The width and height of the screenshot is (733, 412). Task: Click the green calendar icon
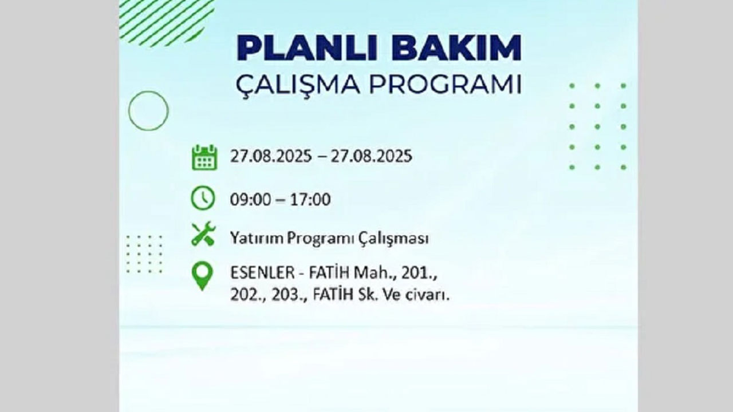204,157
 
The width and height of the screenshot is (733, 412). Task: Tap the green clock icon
203,199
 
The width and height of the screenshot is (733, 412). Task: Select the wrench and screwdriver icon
203,234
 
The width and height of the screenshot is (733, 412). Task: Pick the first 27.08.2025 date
271,156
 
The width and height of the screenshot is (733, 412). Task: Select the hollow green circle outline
148,110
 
